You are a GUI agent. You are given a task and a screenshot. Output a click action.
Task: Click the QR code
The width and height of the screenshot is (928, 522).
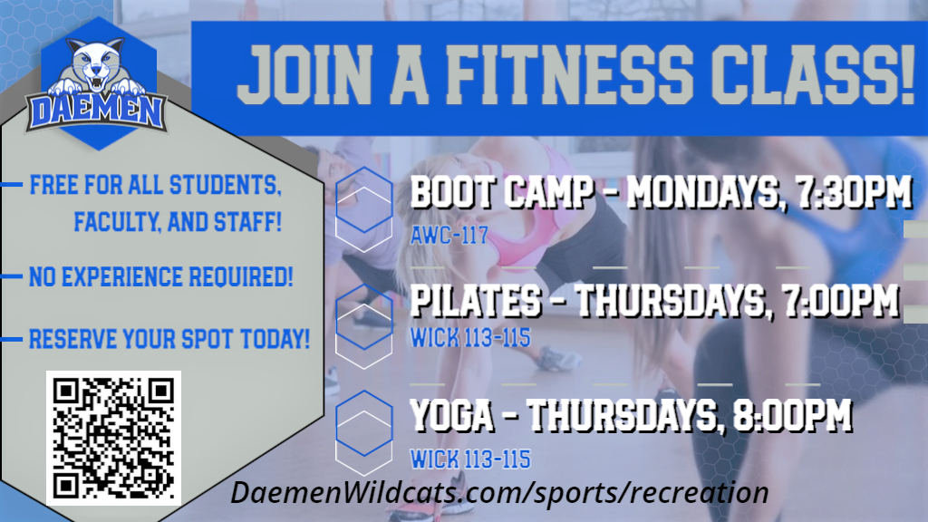[x=113, y=438]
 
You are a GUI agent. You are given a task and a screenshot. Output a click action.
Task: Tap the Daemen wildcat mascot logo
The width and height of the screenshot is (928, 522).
[x=95, y=86]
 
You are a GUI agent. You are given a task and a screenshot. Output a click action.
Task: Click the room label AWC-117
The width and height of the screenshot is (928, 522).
[x=449, y=237]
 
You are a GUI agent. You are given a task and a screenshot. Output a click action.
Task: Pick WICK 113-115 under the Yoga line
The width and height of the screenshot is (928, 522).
[x=469, y=459]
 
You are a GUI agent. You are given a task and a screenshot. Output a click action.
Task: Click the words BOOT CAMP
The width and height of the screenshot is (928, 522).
[x=501, y=194]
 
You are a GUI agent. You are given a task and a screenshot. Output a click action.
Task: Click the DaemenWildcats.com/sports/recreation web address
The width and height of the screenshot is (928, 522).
[x=499, y=493]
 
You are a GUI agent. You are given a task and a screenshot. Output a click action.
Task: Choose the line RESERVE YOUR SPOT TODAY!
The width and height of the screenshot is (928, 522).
[x=169, y=340]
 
